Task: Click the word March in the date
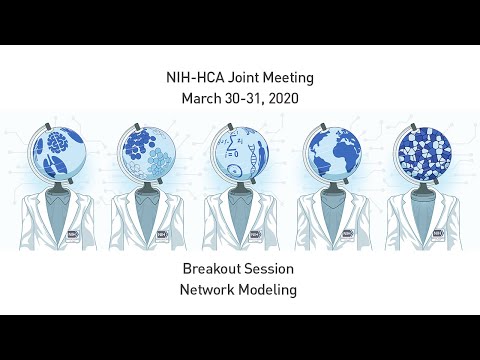point(203,99)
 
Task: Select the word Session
point(272,269)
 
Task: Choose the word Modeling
point(270,291)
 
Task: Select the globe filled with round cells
point(148,149)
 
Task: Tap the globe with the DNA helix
point(240,149)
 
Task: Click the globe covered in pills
point(423,149)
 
